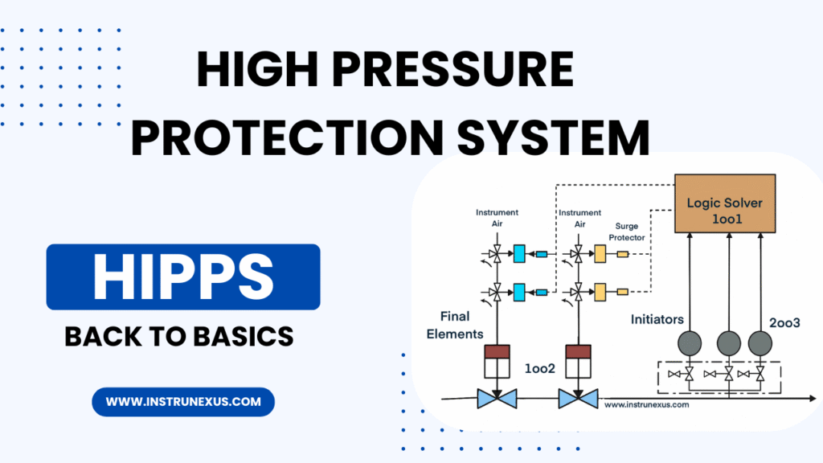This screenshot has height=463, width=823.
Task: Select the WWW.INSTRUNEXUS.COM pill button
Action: click(x=183, y=401)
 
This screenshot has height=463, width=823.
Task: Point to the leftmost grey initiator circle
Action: click(x=690, y=343)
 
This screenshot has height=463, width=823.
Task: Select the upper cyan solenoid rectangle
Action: click(x=519, y=254)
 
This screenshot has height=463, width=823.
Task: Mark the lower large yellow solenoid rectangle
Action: click(x=600, y=289)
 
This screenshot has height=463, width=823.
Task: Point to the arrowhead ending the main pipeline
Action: click(x=813, y=397)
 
